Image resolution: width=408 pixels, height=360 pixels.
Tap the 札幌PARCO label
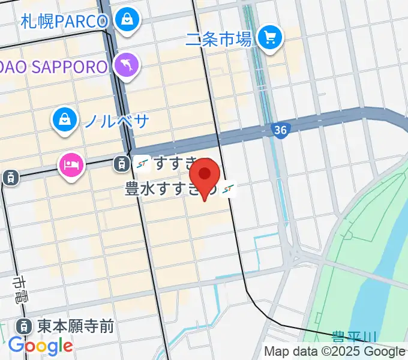click(x=64, y=22)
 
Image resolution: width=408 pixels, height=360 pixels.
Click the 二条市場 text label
click(x=218, y=40)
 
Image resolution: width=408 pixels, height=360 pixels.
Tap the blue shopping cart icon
click(x=270, y=38)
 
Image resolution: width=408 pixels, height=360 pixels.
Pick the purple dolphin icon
click(x=127, y=65)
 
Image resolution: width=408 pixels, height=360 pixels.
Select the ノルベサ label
click(x=116, y=121)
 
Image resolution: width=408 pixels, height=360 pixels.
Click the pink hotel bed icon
click(x=71, y=164)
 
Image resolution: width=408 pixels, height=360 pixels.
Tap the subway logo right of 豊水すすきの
click(x=228, y=190)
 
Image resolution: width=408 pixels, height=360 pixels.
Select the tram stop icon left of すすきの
click(x=122, y=162)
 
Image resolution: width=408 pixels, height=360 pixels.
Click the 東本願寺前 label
click(x=75, y=326)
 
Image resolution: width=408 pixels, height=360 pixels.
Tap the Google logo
click(x=40, y=346)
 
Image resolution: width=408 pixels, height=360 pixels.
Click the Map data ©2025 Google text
click(x=335, y=351)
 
